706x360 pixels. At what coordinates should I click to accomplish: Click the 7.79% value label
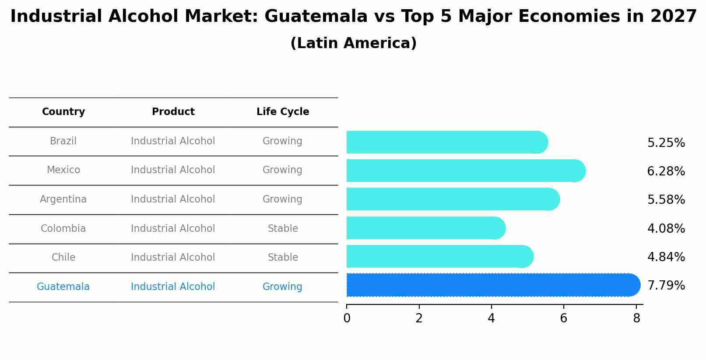(x=666, y=286)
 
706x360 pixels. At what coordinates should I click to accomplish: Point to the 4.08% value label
(x=666, y=229)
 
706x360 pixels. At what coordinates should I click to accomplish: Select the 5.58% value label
(x=666, y=200)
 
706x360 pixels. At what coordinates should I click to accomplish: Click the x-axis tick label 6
(x=563, y=318)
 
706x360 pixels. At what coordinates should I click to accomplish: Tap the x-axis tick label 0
(x=347, y=318)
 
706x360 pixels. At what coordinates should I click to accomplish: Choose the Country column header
(x=63, y=112)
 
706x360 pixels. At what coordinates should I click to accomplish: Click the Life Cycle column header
(x=283, y=112)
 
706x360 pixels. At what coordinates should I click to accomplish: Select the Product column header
(x=173, y=112)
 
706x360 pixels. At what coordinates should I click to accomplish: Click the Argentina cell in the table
(x=63, y=199)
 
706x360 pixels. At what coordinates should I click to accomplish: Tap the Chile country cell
(x=63, y=258)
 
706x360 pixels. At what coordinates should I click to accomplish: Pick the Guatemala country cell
(x=63, y=287)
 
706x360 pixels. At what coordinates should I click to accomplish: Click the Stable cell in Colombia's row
(x=283, y=229)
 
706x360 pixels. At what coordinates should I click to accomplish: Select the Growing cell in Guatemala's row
(x=282, y=287)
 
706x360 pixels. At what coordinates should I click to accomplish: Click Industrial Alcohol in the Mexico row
(x=173, y=170)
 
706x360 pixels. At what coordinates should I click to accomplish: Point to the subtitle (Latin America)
(x=353, y=43)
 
